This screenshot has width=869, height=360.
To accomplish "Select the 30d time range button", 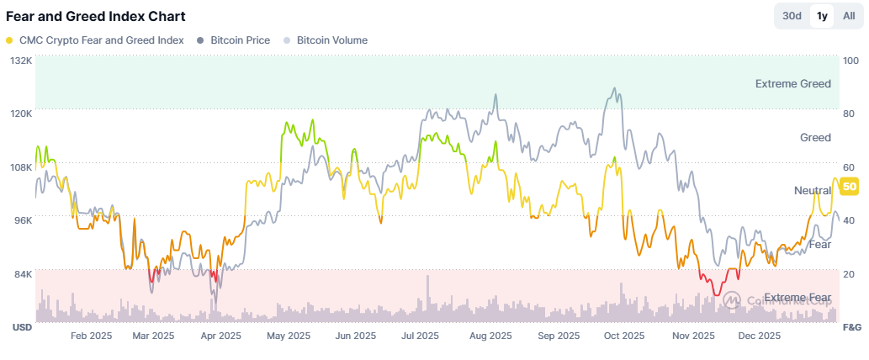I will [x=792, y=16].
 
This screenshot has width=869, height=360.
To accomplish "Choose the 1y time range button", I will [x=821, y=16].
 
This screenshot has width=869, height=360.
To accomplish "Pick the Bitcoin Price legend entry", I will [x=234, y=40].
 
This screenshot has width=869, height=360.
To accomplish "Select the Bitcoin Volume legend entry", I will [x=326, y=40].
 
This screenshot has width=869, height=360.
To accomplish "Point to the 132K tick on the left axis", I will [x=20, y=61].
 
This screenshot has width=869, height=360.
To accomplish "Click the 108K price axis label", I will [x=20, y=167].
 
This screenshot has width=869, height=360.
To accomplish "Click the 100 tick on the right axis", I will [x=850, y=61].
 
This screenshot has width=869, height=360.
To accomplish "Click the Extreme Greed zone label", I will [x=792, y=83].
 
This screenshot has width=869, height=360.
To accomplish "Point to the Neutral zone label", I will [x=812, y=191].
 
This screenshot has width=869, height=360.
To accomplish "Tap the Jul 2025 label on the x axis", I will [x=421, y=336].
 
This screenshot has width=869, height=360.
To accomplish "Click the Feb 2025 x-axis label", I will [x=91, y=336].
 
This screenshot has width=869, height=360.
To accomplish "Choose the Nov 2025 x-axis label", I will [x=692, y=336].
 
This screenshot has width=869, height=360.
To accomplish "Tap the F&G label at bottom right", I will [x=851, y=326].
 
